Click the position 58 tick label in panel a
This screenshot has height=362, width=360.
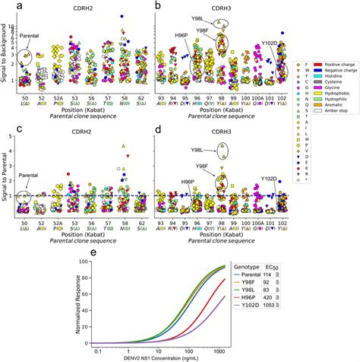(123, 99)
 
